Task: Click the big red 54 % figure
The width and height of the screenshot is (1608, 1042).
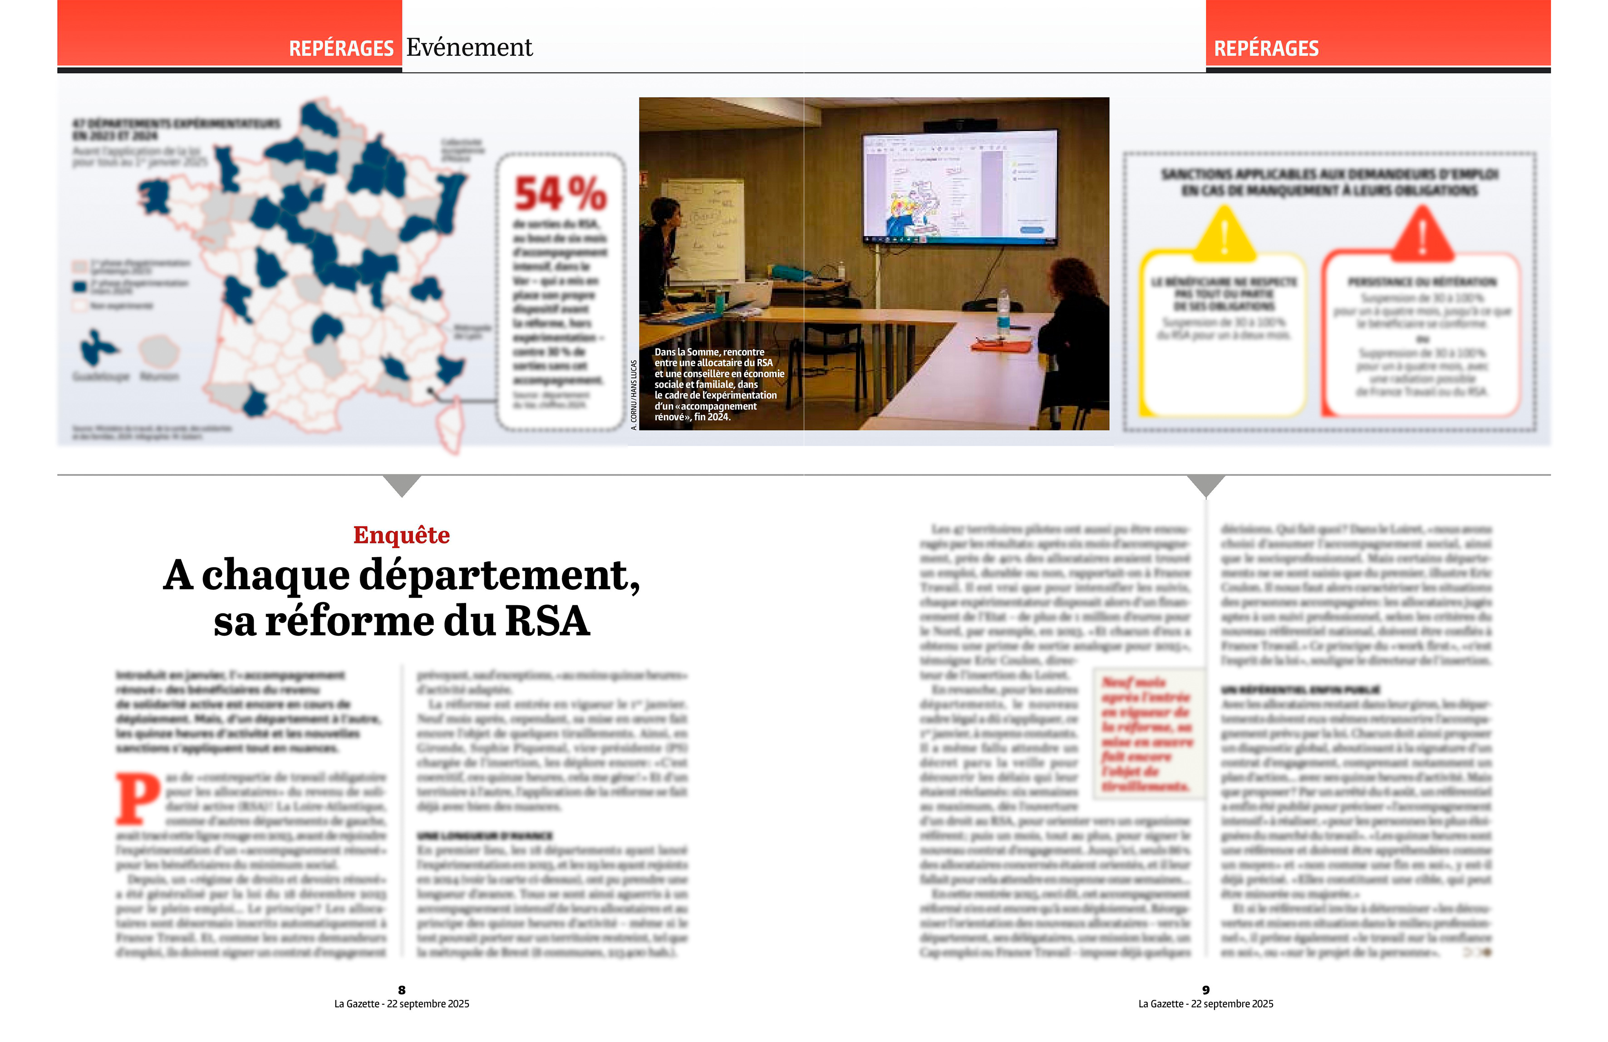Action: click(560, 194)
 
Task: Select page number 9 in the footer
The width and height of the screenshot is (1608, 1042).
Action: click(1206, 990)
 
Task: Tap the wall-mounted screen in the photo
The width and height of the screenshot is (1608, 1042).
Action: click(960, 186)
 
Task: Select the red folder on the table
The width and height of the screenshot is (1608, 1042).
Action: click(1001, 346)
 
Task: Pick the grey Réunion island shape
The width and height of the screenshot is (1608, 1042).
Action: click(159, 350)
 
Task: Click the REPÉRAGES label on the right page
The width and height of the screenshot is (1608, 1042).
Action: click(1266, 49)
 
